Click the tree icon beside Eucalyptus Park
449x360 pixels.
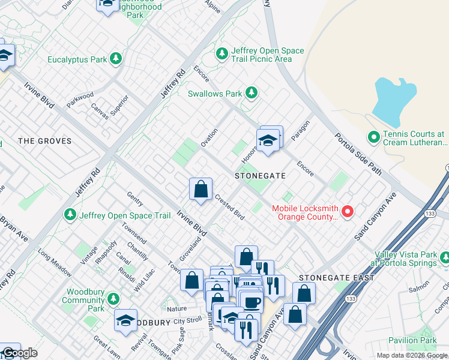[116, 59]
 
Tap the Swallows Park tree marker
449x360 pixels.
[252, 93]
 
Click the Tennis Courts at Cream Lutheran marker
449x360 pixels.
[374, 138]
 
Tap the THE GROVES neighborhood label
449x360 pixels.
[45, 142]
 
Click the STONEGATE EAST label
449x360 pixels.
[337, 278]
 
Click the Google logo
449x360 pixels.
[19, 353]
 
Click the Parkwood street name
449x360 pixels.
[80, 99]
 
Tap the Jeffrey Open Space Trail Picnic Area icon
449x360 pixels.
[222, 55]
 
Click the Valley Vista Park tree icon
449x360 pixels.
[444, 259]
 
